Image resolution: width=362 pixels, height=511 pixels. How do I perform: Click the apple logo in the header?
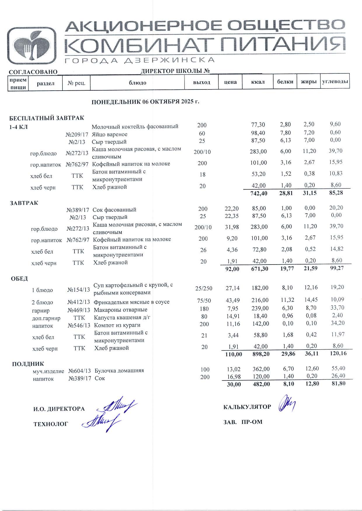pyautogui.click(x=32, y=46)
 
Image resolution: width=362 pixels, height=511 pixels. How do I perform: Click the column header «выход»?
pyautogui.click(x=201, y=82)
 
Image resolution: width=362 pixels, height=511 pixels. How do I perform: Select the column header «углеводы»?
pyautogui.click(x=335, y=82)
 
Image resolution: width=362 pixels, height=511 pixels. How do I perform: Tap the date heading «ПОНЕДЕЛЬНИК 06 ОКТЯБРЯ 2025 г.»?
pyautogui.click(x=145, y=102)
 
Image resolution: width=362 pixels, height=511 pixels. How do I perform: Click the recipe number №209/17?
pyautogui.click(x=77, y=134)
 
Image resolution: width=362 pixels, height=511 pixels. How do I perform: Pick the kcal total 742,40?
pyautogui.click(x=259, y=193)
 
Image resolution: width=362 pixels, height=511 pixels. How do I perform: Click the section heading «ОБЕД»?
pyautogui.click(x=20, y=279)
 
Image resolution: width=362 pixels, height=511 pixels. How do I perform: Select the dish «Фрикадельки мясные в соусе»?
pyautogui.click(x=131, y=302)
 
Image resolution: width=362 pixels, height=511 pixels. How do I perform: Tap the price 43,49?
pyautogui.click(x=233, y=300)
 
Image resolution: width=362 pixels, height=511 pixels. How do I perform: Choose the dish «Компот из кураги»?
pyautogui.click(x=117, y=325)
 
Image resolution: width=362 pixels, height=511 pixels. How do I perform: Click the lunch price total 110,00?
pyautogui.click(x=234, y=354)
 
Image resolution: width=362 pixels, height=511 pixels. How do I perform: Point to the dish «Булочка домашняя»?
pyautogui.click(x=119, y=371)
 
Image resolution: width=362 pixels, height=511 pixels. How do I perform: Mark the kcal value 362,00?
pyautogui.click(x=261, y=369)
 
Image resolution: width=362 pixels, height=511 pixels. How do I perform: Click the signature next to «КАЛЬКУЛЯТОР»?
pyautogui.click(x=287, y=404)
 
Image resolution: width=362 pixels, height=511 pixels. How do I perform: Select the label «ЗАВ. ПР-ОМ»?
pyautogui.click(x=243, y=422)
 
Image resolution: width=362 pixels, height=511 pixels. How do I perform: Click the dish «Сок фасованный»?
pyautogui.click(x=114, y=210)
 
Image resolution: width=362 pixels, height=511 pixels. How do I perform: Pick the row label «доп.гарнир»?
pyautogui.click(x=46, y=318)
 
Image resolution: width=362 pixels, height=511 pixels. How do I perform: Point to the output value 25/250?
pyautogui.click(x=204, y=288)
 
